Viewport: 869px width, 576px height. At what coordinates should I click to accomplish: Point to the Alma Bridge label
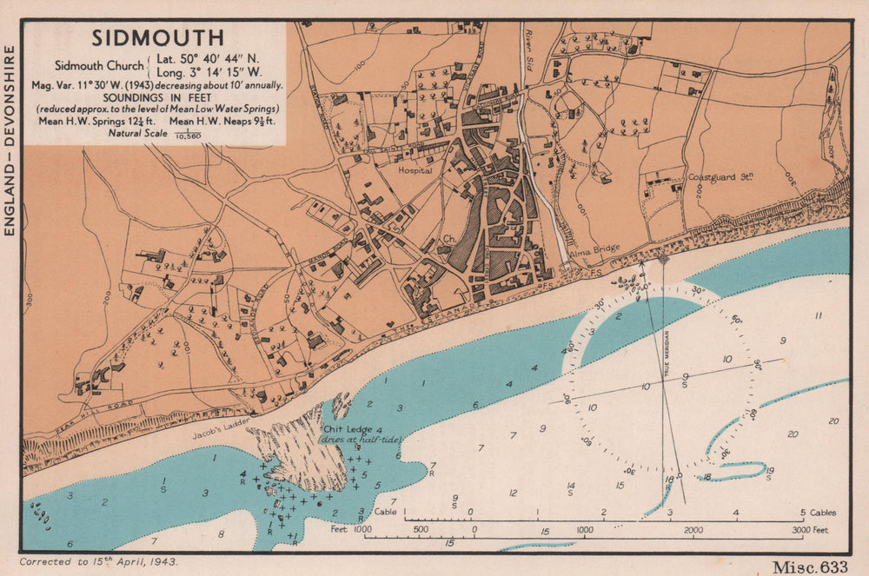pyautogui.click(x=594, y=248)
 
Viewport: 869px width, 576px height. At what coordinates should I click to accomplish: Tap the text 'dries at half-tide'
pyautogui.click(x=357, y=440)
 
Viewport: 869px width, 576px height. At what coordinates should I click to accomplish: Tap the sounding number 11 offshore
pyautogui.click(x=818, y=315)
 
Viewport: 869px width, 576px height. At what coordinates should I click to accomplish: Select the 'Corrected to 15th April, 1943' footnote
pyautogui.click(x=99, y=562)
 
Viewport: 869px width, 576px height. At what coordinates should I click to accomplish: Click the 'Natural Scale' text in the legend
pyautogui.click(x=137, y=133)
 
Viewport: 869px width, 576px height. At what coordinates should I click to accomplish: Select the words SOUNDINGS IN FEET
pyautogui.click(x=156, y=97)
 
